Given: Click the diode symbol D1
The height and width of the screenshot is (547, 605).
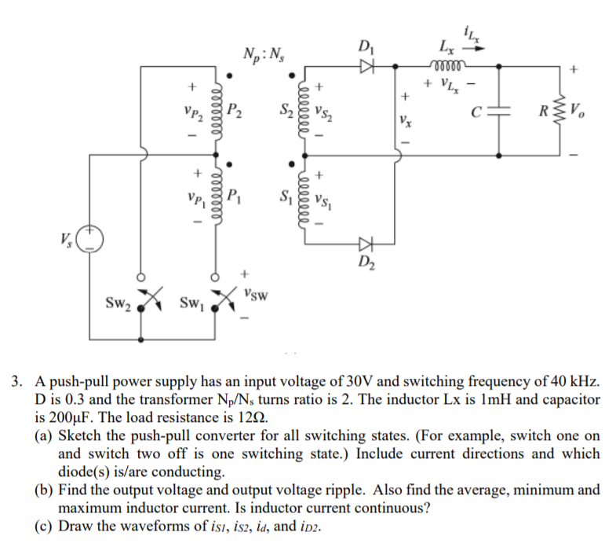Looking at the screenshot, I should coord(364,68).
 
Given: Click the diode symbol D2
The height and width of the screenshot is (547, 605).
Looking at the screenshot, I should coord(364,243).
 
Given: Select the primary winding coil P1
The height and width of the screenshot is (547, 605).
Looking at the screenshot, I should coord(213,196).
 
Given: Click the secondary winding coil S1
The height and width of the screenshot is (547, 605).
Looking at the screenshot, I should coord(306,196).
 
